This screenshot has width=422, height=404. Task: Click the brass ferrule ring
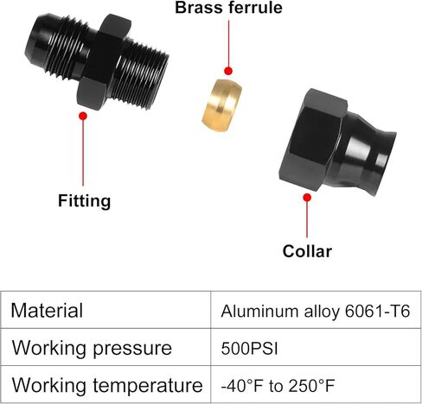click(x=221, y=105)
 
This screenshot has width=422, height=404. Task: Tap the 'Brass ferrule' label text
click(x=228, y=8)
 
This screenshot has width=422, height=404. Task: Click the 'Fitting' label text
click(x=84, y=200)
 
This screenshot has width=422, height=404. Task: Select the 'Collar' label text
click(x=307, y=251)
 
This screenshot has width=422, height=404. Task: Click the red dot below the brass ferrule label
click(x=228, y=71)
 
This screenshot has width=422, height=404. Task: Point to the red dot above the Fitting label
click(x=83, y=116)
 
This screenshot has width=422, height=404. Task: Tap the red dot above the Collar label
click(x=307, y=198)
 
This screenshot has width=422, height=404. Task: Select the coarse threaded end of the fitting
click(x=140, y=75)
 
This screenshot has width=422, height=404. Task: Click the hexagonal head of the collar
click(x=313, y=140)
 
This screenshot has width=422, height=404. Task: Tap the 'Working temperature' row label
click(x=107, y=385)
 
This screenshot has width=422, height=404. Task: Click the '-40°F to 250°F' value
click(x=278, y=386)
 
